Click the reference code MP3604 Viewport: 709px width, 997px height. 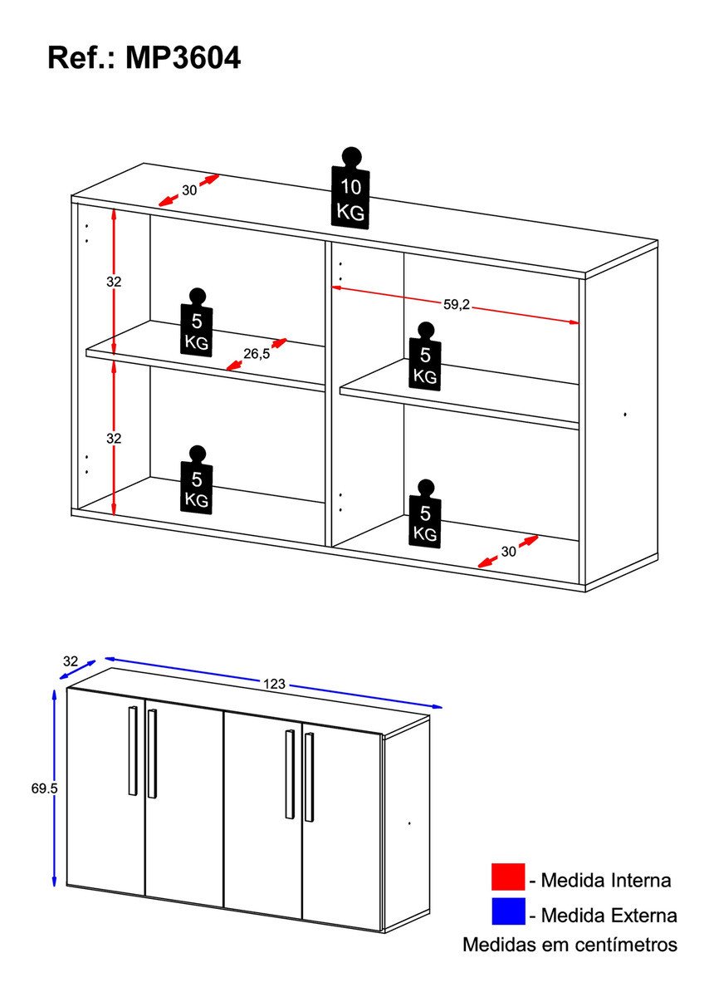[183, 58]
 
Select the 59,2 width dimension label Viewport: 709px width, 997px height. [457, 304]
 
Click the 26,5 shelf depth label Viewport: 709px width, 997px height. [257, 354]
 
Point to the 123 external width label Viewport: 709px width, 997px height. [274, 684]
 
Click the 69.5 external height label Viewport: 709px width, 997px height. [44, 788]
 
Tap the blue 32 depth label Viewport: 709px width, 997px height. [71, 661]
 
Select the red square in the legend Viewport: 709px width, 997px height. [507, 877]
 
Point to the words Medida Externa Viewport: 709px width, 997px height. [609, 916]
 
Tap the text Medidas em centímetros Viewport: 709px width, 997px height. [570, 945]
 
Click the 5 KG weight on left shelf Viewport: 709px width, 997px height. [197, 324]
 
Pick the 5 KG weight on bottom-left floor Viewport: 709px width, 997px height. [197, 483]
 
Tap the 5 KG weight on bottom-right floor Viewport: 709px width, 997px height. [425, 515]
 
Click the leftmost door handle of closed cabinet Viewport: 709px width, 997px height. [132, 750]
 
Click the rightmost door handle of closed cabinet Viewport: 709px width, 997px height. [309, 777]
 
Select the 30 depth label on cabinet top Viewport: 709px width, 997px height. [189, 190]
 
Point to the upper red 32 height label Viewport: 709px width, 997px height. [114, 282]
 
